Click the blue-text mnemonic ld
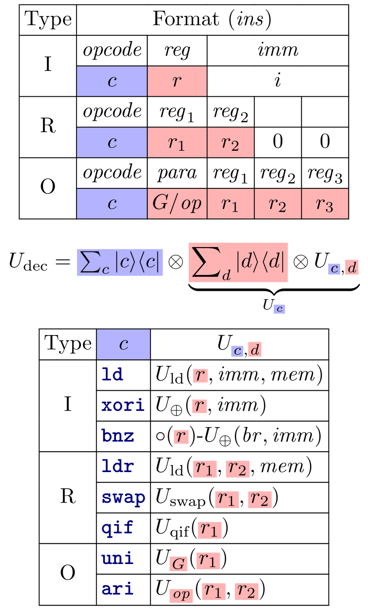112,375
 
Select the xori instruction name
123,405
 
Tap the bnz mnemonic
118,436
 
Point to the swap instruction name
123,498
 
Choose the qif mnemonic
117,528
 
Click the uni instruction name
117,559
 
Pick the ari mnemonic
117,589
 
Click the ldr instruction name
117,467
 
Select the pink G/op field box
177,204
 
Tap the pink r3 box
325,204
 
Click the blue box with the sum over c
120,263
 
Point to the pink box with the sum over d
238,263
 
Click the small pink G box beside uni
178,564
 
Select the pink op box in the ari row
181,595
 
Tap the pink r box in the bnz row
181,437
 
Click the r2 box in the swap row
260,499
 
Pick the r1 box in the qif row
209,530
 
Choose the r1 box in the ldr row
205,469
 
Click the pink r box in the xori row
199,406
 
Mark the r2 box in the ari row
246,591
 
